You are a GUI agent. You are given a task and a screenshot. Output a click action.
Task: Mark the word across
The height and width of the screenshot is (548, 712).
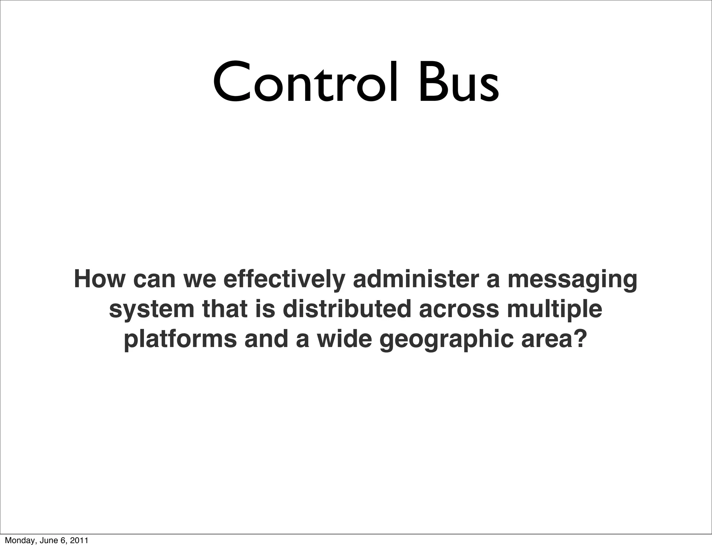459,309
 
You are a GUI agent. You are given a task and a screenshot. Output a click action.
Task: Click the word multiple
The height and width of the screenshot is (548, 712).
554,309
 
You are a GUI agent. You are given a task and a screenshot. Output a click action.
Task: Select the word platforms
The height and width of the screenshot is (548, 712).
180,339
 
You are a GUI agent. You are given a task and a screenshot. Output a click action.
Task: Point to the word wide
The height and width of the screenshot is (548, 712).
344,339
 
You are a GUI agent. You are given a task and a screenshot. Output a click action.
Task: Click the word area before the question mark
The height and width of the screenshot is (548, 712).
544,339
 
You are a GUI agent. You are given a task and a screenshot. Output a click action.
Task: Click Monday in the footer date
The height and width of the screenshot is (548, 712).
17,541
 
